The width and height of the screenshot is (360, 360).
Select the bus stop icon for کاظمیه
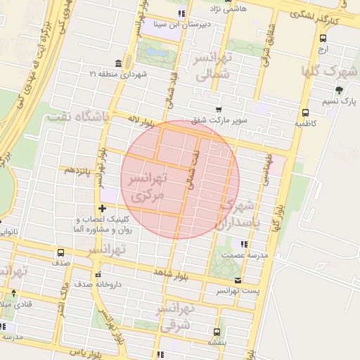point(304,112)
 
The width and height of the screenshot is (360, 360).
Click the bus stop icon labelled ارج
point(322,39)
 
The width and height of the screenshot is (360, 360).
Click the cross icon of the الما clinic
point(103,208)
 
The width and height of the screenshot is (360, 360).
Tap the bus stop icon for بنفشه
point(216,332)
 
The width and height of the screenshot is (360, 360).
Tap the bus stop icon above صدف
point(60,252)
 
